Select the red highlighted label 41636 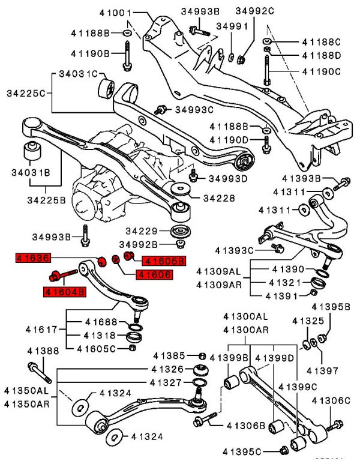tap(34, 259)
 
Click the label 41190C tap(321, 71)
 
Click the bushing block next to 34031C tap(107, 88)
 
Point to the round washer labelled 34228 tap(180, 190)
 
